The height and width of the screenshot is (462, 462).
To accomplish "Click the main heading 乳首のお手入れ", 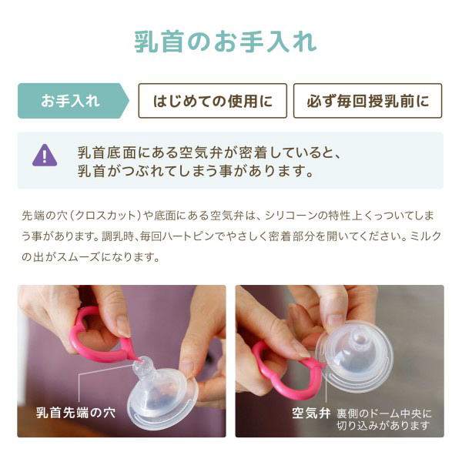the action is click(226, 42).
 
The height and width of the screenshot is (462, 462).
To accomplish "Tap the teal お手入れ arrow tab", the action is click(73, 101).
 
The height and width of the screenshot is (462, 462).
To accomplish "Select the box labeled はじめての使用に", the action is click(213, 101).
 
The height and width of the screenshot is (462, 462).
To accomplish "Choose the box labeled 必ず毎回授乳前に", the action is click(368, 101).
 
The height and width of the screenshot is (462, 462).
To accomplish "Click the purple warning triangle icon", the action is click(45, 156).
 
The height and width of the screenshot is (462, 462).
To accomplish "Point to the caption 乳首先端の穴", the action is click(75, 413).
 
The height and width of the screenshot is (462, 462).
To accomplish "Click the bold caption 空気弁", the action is click(311, 413).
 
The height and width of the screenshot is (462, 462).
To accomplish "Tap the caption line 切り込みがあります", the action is click(383, 426).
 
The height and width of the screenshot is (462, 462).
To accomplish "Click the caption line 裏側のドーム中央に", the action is click(384, 413).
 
